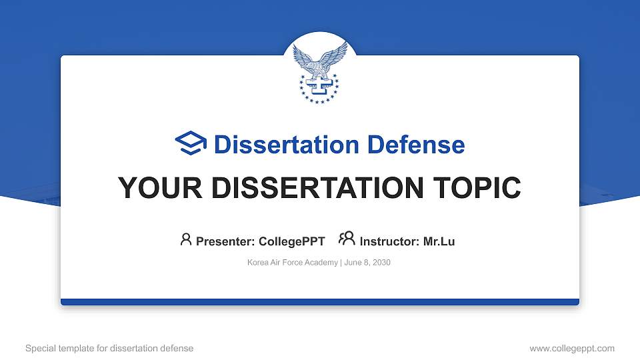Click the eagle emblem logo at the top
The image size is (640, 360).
[319, 73]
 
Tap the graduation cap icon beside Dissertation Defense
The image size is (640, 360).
[191, 143]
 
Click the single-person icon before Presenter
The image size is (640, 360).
[186, 239]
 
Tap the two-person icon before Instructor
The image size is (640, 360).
[347, 239]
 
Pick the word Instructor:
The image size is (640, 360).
[390, 241]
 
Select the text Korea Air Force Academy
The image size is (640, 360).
[293, 263]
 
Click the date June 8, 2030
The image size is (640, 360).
[367, 263]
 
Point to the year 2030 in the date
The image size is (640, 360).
[381, 263]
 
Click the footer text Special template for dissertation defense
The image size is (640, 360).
[109, 348]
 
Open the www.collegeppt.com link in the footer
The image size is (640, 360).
[572, 348]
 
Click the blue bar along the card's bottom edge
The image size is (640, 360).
[320, 302]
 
